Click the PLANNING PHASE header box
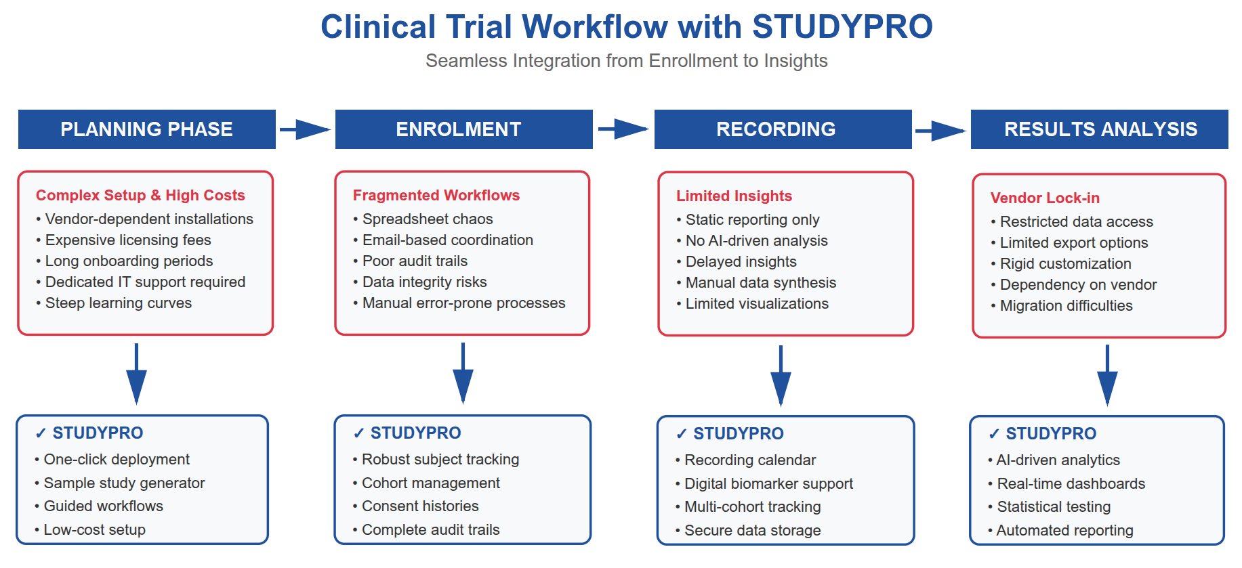[x=146, y=129]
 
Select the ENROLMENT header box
[x=463, y=129]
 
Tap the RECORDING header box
[x=783, y=129]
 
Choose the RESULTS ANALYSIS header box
[x=1099, y=129]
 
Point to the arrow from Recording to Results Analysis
[x=940, y=131]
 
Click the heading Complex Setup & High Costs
[x=140, y=195]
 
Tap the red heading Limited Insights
[x=734, y=196]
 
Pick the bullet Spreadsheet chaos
[x=427, y=219]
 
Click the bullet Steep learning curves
[x=118, y=303]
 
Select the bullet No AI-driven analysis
[x=756, y=240]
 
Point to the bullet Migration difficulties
[x=1066, y=305]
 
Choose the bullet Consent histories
[x=419, y=506]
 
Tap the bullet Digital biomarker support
[x=768, y=483]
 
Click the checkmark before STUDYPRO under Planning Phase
[x=41, y=433]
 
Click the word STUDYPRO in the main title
[x=842, y=27]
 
